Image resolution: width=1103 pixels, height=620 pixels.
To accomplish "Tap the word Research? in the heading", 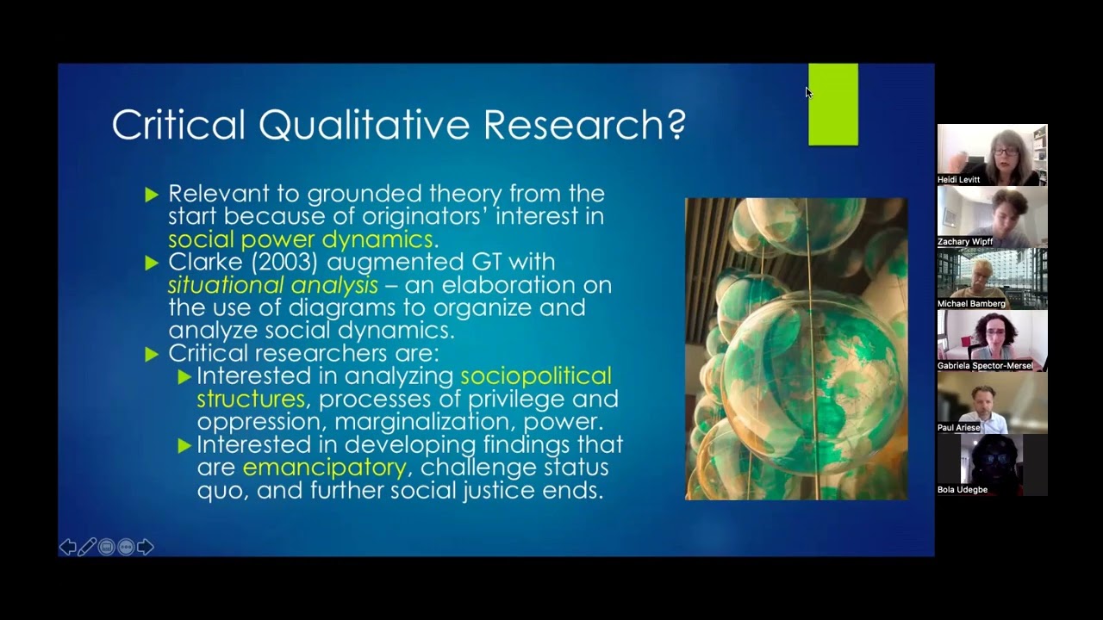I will [584, 125].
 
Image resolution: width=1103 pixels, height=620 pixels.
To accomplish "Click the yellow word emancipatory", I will [324, 468].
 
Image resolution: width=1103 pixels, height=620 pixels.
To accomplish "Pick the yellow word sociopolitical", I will [535, 375].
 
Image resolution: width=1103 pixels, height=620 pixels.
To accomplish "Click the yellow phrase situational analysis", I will [272, 284].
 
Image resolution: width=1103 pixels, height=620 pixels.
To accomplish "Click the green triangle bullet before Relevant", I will [153, 195].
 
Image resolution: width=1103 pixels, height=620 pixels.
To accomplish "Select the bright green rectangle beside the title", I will [832, 104].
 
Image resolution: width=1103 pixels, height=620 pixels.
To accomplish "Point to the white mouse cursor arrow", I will [808, 92].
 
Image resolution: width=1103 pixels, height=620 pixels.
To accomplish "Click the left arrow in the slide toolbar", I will [67, 547].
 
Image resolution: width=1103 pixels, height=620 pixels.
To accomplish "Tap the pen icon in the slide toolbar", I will [87, 547].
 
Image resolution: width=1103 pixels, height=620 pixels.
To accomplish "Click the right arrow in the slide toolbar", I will [145, 547].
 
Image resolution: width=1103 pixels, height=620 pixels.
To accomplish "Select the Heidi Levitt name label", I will [959, 180].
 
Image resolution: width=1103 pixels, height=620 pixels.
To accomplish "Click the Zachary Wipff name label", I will [965, 242].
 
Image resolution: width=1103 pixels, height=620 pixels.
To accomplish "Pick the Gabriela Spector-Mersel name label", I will [985, 366].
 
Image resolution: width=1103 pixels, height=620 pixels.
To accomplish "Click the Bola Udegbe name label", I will [963, 490].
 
